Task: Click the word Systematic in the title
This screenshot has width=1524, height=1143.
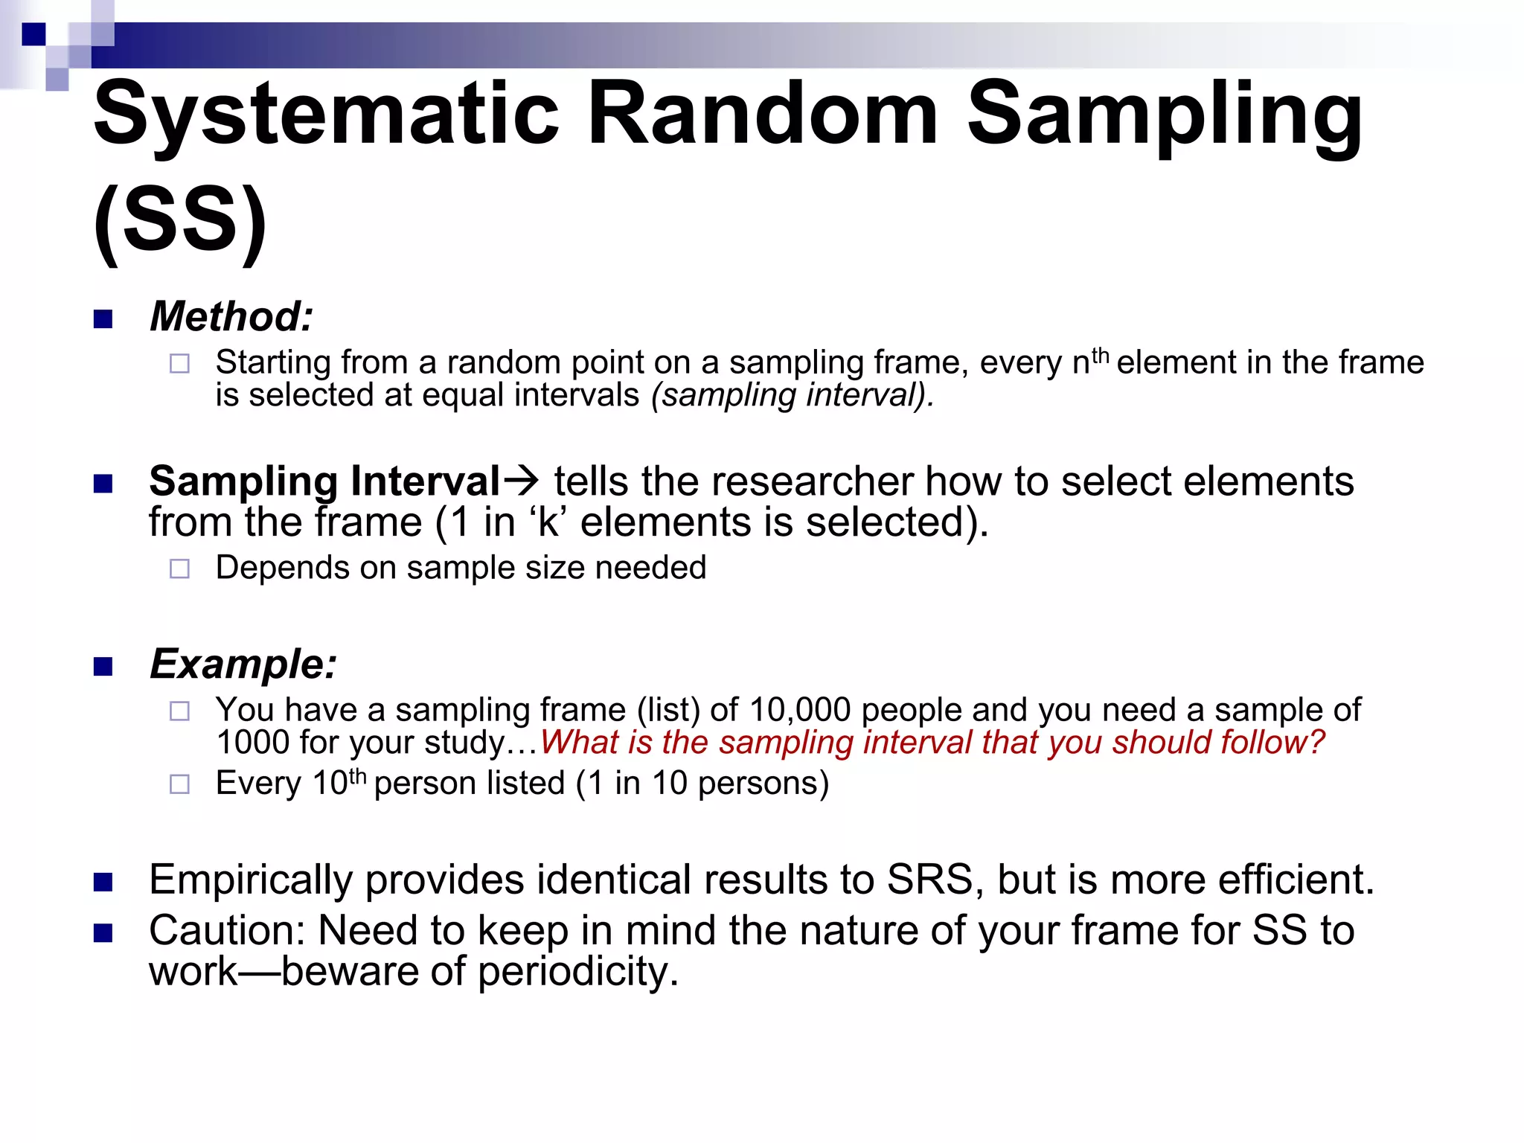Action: tap(326, 115)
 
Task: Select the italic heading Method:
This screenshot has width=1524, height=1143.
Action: tap(231, 317)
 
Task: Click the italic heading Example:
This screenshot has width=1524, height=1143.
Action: tap(243, 664)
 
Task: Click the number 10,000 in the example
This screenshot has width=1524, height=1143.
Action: tap(799, 710)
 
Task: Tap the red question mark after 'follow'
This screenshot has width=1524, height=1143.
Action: tap(1316, 743)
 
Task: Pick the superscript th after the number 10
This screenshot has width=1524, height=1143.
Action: tap(358, 775)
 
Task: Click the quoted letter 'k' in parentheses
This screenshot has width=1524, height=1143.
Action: tap(548, 522)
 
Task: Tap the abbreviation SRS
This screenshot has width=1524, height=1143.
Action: tap(930, 880)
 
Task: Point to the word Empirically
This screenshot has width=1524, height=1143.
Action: tap(251, 880)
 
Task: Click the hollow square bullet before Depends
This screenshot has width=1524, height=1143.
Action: tap(179, 569)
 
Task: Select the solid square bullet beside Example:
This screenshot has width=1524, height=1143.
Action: tap(103, 666)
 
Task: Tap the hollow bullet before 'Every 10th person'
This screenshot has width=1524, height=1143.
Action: tap(179, 784)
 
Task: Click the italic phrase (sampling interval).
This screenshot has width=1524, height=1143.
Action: tap(792, 396)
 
